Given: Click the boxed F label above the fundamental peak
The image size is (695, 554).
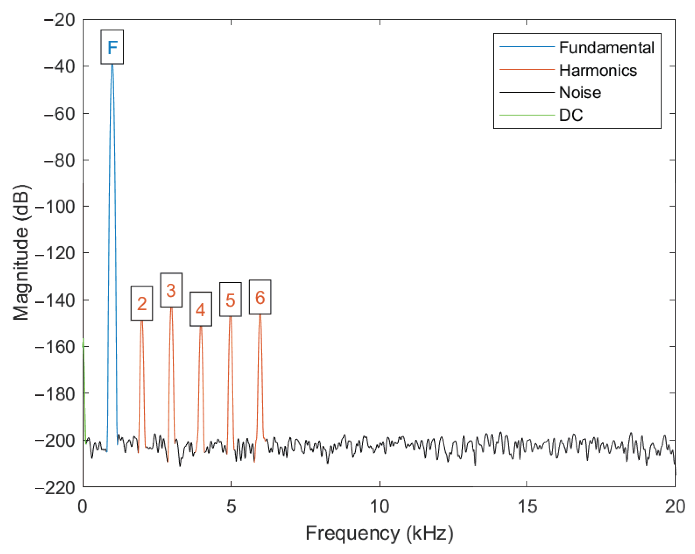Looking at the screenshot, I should [112, 47].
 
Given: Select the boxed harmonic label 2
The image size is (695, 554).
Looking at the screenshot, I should [142, 303].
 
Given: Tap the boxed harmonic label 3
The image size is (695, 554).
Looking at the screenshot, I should [171, 290].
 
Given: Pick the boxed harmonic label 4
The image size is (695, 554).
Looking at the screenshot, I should [200, 309].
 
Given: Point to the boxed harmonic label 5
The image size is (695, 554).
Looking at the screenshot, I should [230, 300].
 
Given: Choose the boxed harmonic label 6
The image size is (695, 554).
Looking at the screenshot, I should [260, 297].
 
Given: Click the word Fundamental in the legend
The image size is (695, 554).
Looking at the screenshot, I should [606, 48].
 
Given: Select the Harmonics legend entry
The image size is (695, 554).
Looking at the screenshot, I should [598, 70].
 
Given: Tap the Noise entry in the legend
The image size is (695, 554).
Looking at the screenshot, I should [580, 93].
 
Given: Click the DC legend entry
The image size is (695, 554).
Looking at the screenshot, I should [571, 115].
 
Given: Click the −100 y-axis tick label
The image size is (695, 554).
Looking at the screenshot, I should [55, 206].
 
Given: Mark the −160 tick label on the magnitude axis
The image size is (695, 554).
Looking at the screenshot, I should [55, 347].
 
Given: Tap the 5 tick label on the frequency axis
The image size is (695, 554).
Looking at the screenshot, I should [231, 507].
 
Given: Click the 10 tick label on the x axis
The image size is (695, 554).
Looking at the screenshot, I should [379, 507].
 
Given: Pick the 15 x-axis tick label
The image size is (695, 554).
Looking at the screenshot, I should [527, 507].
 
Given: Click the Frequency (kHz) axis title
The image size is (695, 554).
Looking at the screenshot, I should [379, 533].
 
